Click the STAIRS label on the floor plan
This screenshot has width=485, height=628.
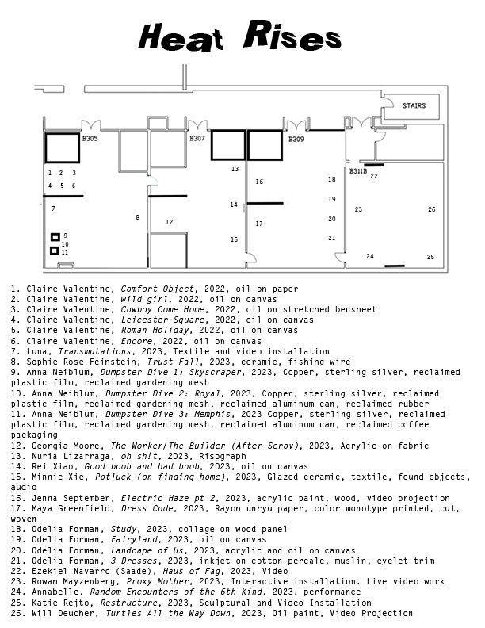[414, 105]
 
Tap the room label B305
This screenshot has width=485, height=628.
[90, 139]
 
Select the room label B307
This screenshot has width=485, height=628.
[197, 139]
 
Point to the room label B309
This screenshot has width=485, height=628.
[296, 140]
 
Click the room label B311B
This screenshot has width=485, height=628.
[358, 171]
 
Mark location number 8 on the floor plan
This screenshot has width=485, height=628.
[137, 217]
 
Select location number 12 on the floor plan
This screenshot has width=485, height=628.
[169, 222]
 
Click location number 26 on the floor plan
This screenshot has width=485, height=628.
[431, 209]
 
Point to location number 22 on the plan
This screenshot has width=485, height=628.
[374, 176]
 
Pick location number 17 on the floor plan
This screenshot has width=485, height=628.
[259, 224]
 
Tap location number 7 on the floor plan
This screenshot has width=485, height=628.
[53, 209]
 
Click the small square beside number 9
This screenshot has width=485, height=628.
[55, 236]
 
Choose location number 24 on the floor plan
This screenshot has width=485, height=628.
[369, 256]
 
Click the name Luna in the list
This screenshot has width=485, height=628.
[38, 350]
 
